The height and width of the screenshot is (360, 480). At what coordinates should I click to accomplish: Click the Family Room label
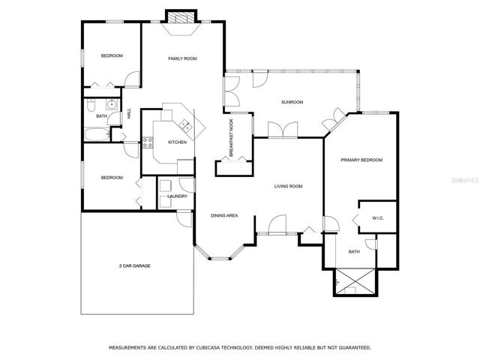pos(182,58)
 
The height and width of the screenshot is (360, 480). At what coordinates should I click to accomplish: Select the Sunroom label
pos(292,102)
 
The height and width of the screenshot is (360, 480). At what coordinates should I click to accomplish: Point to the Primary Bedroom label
pos(361,160)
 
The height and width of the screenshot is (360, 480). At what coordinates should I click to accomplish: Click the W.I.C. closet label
pos(378,218)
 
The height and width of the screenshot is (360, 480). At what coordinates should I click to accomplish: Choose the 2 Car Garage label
pos(135,265)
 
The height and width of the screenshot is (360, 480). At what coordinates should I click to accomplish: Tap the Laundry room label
pos(178,196)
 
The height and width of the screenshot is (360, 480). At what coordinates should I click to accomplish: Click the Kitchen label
pos(177,142)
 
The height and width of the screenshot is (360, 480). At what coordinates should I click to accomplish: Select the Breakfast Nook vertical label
pos(231,138)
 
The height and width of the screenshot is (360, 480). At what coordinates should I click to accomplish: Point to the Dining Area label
pos(224,215)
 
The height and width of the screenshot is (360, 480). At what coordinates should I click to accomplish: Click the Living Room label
pos(288,186)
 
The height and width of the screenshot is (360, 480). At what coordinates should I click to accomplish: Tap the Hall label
pos(129,113)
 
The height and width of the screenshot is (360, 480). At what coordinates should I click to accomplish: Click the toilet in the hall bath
pos(91,105)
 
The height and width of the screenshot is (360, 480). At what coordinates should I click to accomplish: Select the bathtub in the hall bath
pos(97,135)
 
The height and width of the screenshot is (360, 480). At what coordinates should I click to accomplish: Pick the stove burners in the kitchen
pos(148,142)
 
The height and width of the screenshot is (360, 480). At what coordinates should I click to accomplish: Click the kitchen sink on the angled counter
pos(186,126)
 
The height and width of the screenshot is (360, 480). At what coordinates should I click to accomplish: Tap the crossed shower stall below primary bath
pos(355,282)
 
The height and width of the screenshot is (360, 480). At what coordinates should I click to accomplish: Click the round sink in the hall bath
pos(112,104)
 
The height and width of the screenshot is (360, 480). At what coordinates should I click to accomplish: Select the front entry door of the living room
pos(277,225)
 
